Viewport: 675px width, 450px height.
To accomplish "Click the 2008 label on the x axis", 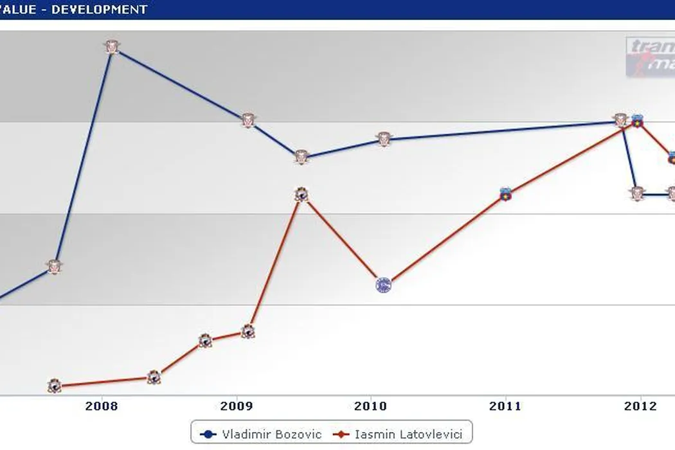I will [x=101, y=406].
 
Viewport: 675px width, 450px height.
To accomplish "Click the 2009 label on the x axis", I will [x=237, y=406].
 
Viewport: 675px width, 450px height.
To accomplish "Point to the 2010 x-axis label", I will [x=371, y=406].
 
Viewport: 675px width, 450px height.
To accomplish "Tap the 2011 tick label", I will [x=505, y=406].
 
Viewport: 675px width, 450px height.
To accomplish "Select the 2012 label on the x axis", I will [x=640, y=406].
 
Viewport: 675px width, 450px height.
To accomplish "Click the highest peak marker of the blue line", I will [x=112, y=47].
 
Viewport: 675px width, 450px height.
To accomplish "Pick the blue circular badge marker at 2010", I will [x=383, y=284].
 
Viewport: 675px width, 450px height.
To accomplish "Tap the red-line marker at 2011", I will [x=505, y=194].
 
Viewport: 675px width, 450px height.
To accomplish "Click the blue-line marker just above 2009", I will [x=248, y=120].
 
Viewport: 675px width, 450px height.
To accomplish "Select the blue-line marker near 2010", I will [x=384, y=139].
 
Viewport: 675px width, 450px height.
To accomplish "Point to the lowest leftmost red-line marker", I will [x=55, y=386].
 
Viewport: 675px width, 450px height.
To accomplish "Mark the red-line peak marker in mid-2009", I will [x=301, y=195].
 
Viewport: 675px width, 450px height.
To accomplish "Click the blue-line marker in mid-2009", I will [x=301, y=157].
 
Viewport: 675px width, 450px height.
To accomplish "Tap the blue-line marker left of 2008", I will [x=55, y=267].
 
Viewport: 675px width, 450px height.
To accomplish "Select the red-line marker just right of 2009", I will [x=248, y=331].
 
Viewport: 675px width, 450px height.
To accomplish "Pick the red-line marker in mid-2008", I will [x=153, y=377].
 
